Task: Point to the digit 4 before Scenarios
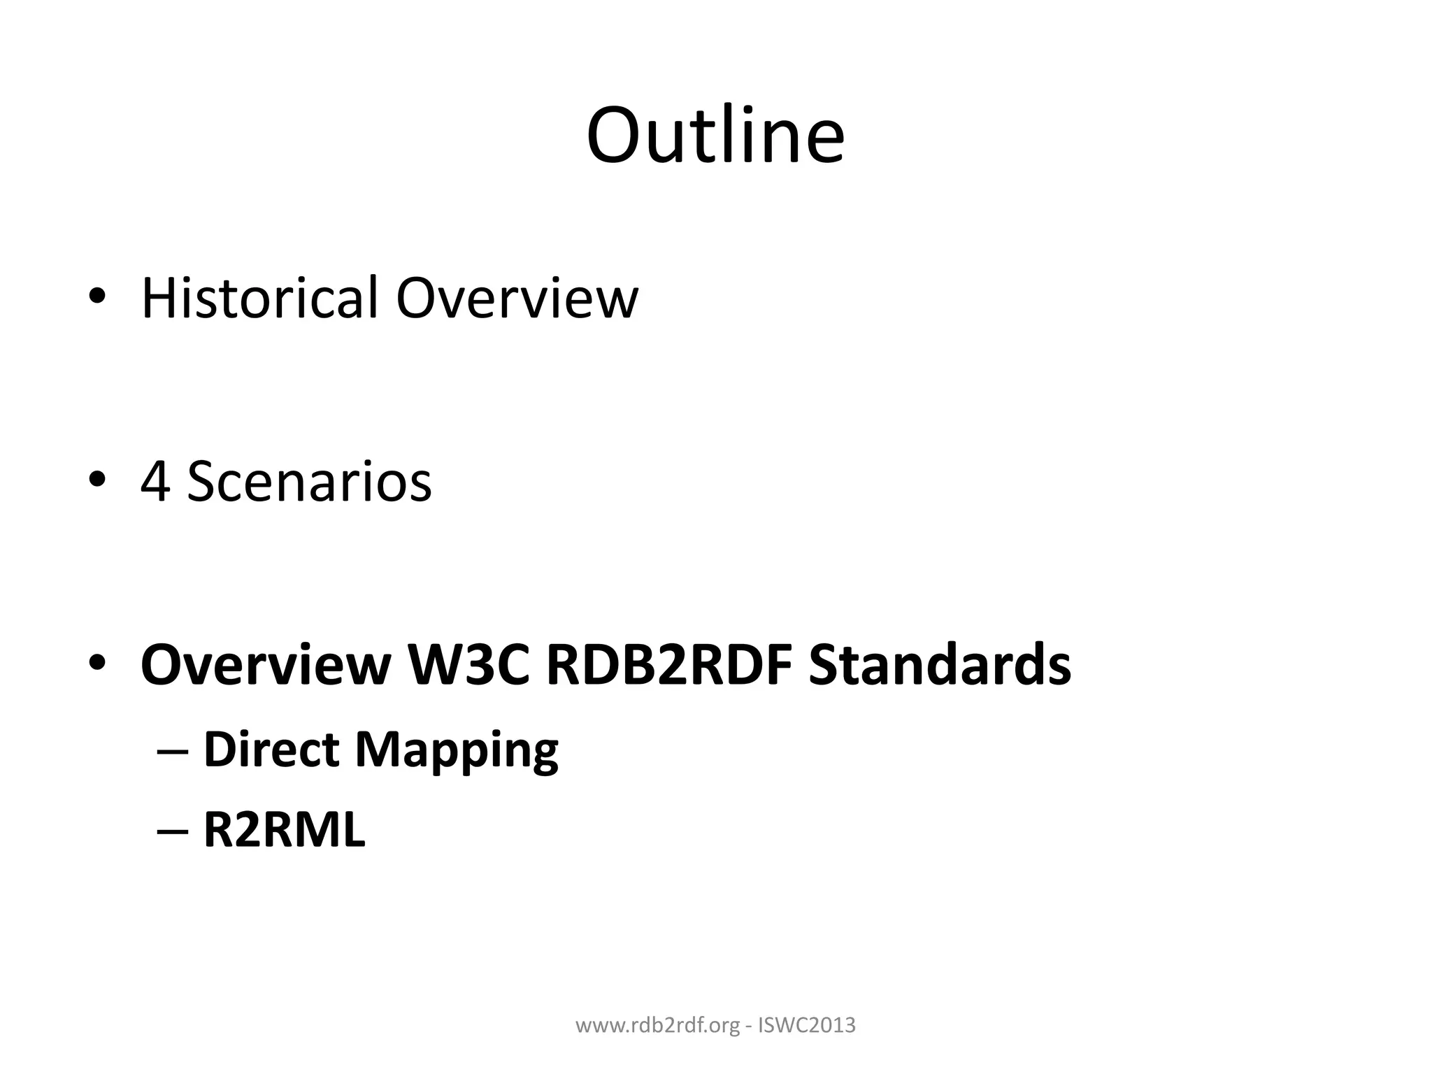pyautogui.click(x=155, y=482)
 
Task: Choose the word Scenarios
pyautogui.click(x=309, y=482)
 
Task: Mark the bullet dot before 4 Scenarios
pyautogui.click(x=97, y=480)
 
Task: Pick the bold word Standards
pyautogui.click(x=939, y=664)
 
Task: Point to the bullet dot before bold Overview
pyautogui.click(x=97, y=662)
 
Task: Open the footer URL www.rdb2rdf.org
pyautogui.click(x=657, y=1026)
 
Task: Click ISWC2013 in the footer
pyautogui.click(x=807, y=1026)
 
